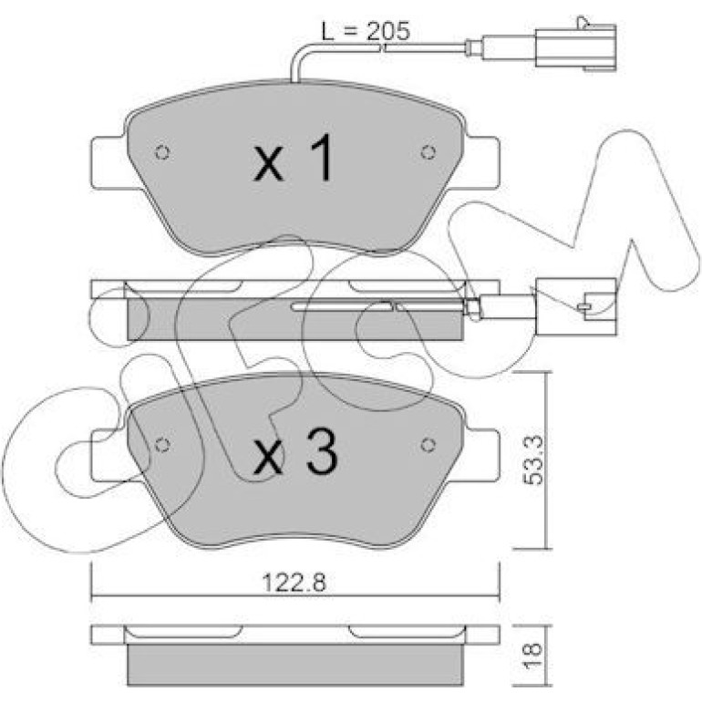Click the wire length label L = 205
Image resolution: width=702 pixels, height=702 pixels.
point(366,31)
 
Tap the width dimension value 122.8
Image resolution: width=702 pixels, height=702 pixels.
point(294,583)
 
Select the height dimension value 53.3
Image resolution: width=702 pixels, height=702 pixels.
point(533,460)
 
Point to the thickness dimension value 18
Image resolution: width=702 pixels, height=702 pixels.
point(532,656)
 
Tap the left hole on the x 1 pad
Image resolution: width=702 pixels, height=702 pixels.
point(162,152)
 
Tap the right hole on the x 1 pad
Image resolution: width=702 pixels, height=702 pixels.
point(428,152)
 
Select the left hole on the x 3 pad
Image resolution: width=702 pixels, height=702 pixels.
point(162,445)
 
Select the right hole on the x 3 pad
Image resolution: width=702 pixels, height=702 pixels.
point(428,445)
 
